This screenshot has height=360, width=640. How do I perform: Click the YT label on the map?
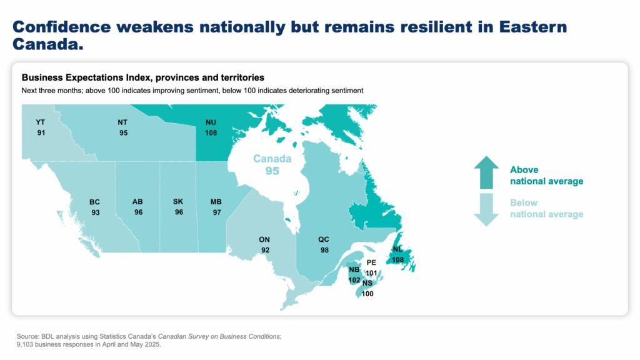click(40, 122)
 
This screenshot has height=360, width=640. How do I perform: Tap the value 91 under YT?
click(41, 133)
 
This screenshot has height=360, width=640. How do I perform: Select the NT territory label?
click(122, 122)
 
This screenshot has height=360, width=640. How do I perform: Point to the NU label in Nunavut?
click(211, 122)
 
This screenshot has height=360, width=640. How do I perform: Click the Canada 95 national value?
click(272, 164)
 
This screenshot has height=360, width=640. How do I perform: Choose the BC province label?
click(95, 202)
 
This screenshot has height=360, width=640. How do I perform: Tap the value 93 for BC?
click(96, 212)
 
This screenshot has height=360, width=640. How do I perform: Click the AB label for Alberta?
click(137, 202)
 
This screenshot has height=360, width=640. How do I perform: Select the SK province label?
click(178, 202)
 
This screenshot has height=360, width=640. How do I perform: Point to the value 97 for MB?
click(217, 212)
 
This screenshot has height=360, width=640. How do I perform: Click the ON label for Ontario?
click(264, 239)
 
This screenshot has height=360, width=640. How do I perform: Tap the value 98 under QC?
click(324, 250)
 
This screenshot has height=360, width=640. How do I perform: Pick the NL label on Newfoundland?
click(397, 249)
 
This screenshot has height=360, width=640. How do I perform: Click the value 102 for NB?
click(354, 281)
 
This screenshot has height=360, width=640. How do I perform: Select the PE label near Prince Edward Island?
click(371, 263)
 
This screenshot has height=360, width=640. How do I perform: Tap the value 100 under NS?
click(367, 294)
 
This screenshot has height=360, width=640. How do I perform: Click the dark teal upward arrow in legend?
click(486, 172)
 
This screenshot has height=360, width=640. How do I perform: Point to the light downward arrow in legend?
click(486, 210)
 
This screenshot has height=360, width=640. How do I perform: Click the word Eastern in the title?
click(533, 27)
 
